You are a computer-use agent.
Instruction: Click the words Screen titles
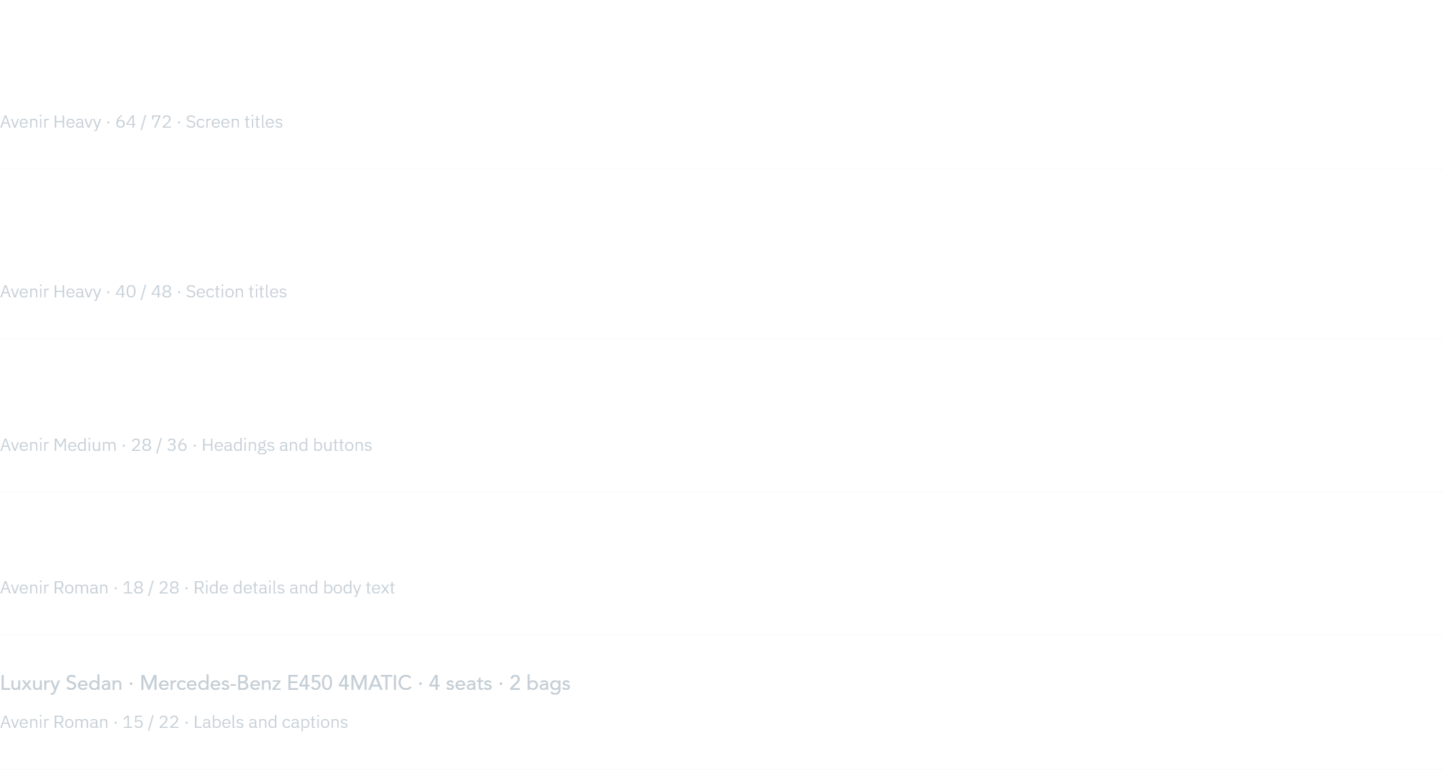click(x=234, y=122)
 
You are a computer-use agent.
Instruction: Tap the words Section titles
click(x=236, y=291)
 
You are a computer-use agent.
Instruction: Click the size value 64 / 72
click(x=143, y=122)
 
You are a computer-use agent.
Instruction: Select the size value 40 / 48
click(x=143, y=291)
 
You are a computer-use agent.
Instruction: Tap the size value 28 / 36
click(x=159, y=445)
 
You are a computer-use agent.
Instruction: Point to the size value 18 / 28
click(x=151, y=587)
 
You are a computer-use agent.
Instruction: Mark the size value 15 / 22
click(x=151, y=722)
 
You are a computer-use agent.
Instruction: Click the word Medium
click(x=85, y=445)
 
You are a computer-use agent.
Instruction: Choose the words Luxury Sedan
click(x=61, y=683)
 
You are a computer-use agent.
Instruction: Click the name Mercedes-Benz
click(x=210, y=683)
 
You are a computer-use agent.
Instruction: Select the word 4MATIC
click(x=375, y=683)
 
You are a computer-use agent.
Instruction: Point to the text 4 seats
click(x=460, y=683)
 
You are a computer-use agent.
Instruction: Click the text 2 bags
click(x=540, y=684)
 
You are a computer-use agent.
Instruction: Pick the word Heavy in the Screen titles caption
click(x=77, y=122)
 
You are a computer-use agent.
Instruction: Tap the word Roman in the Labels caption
click(x=81, y=722)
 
